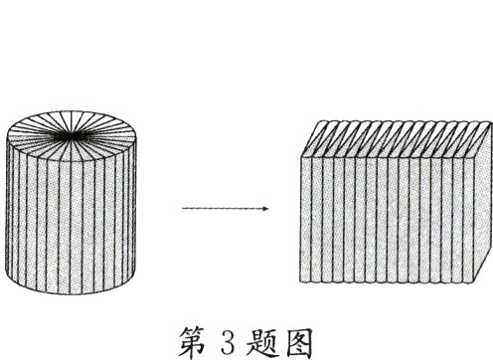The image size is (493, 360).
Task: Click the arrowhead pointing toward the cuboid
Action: click(266, 209)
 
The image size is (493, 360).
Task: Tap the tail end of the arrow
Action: click(183, 209)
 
